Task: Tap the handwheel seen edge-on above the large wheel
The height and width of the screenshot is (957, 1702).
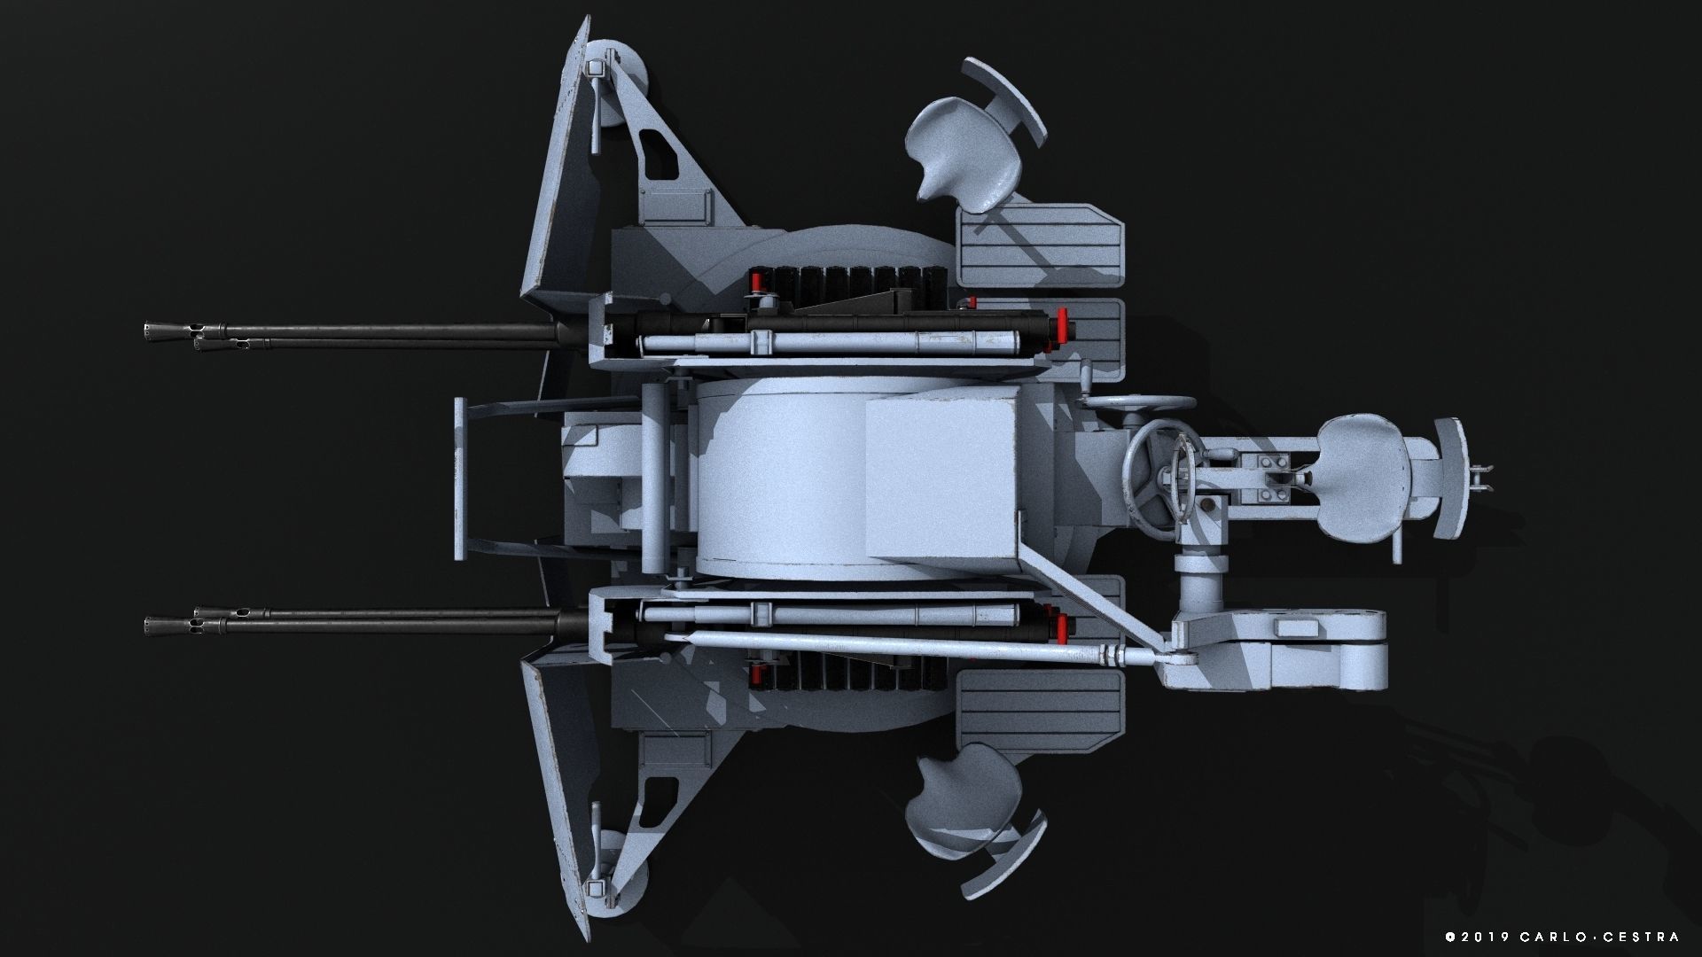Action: tap(1139, 402)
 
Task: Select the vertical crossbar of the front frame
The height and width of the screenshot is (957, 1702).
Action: tap(460, 478)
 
